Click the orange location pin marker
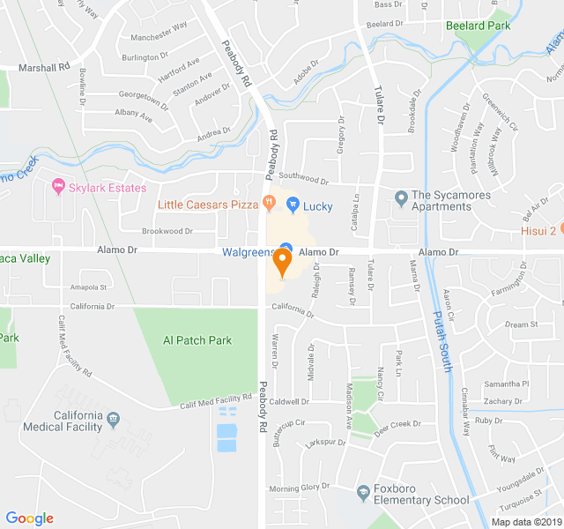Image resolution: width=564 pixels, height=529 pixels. [282, 262]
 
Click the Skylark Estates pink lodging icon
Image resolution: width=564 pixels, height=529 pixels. [59, 187]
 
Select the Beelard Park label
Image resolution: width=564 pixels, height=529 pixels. [479, 26]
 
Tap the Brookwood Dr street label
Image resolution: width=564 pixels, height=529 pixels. [167, 231]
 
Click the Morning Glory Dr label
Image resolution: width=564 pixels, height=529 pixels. [298, 488]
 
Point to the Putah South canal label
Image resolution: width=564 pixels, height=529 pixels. [442, 342]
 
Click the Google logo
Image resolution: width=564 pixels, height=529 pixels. [30, 518]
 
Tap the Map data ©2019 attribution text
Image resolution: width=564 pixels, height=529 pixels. [524, 521]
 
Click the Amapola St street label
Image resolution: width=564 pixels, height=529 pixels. [88, 287]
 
